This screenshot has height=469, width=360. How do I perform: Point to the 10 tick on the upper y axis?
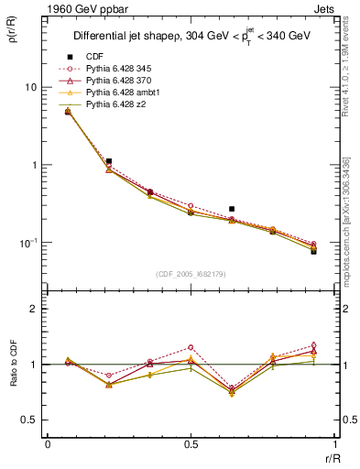pyautogui.click(x=30, y=87)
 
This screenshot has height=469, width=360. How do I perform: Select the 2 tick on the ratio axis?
pyautogui.click(x=36, y=309)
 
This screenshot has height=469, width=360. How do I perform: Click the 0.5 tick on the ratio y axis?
pyautogui.click(x=31, y=420)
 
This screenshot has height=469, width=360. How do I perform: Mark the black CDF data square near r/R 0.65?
pyautogui.click(x=232, y=209)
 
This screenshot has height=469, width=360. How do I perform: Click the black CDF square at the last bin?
pyautogui.click(x=313, y=251)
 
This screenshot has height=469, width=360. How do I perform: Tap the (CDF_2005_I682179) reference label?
pyautogui.click(x=191, y=274)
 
